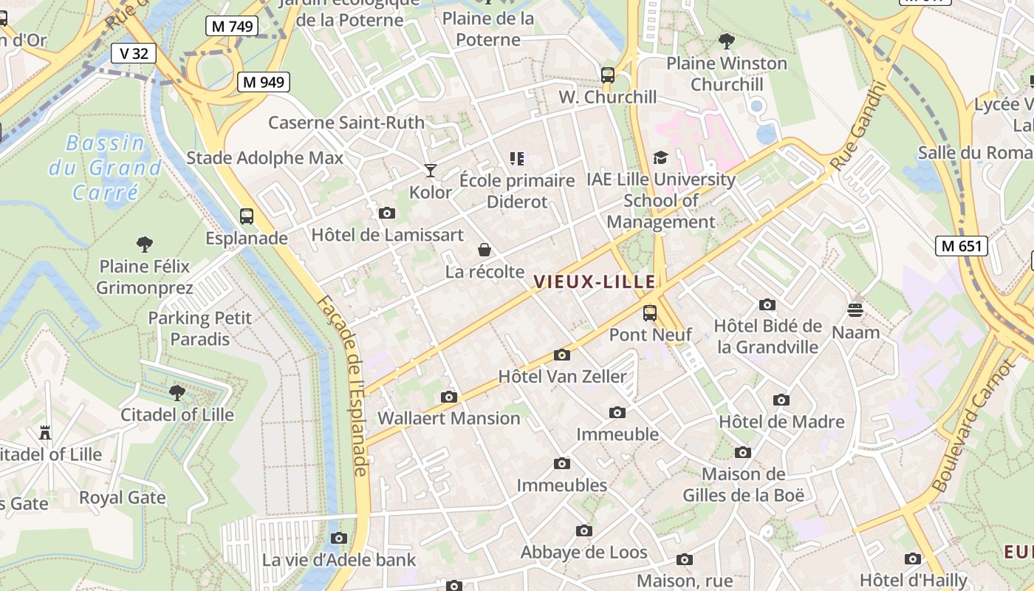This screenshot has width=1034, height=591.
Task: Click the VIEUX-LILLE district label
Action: (594, 281)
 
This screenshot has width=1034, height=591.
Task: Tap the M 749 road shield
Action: (232, 27)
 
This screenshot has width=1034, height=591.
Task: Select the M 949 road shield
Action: (263, 82)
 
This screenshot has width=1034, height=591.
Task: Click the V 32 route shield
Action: (134, 53)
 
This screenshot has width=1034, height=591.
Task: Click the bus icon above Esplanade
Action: (247, 216)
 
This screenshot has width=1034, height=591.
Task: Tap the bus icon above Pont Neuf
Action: (650, 313)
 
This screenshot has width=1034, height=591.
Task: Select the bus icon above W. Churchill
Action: (608, 75)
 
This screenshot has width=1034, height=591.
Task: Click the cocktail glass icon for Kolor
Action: (431, 171)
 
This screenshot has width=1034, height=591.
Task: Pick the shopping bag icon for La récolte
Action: (485, 250)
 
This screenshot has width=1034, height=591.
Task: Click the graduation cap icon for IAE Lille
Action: (660, 158)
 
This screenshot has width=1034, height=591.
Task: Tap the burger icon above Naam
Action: (855, 310)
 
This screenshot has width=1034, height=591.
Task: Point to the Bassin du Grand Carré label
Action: (105, 168)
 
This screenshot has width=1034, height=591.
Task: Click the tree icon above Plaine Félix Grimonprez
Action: (145, 244)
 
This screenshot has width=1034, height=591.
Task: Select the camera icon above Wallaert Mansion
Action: (449, 397)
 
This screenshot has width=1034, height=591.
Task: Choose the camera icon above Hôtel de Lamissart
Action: (386, 213)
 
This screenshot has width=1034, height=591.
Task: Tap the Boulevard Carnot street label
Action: (974, 426)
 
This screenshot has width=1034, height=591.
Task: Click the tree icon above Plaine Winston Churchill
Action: (727, 41)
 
